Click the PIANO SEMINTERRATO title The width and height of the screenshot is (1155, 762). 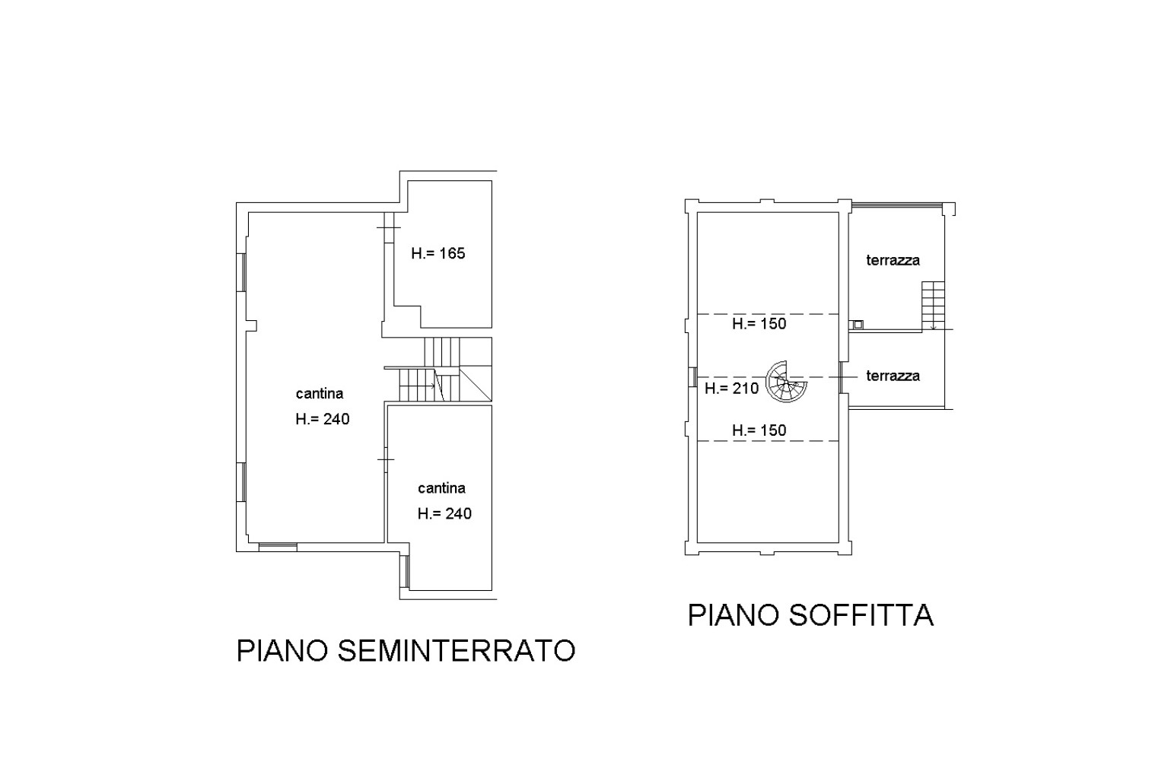[x=406, y=650]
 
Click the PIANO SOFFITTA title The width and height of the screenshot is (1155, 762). [x=810, y=615]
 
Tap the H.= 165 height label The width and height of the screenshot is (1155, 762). [x=438, y=253]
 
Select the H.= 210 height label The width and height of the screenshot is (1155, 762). [x=732, y=389]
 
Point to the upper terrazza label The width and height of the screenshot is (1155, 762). [x=893, y=260]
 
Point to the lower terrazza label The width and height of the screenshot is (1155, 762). [x=893, y=376]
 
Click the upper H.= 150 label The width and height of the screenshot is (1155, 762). [x=759, y=323]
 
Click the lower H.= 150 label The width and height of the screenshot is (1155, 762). [x=759, y=430]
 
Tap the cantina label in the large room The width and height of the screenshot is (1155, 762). [x=320, y=394]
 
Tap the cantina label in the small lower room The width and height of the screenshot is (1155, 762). [x=442, y=488]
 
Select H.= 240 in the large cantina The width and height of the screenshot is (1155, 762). [x=323, y=419]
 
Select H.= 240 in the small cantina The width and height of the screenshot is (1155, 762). [x=445, y=513]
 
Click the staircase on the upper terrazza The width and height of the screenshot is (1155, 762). [x=934, y=306]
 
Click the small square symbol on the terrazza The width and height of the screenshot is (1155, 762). [x=857, y=325]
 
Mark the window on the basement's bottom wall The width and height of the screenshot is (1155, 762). [x=278, y=547]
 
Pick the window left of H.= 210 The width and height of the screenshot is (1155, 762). [x=693, y=377]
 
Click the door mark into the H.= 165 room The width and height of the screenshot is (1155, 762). [x=389, y=227]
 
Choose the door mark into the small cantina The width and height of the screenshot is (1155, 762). [x=386, y=459]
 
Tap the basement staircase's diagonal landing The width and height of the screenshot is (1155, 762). [x=476, y=384]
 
